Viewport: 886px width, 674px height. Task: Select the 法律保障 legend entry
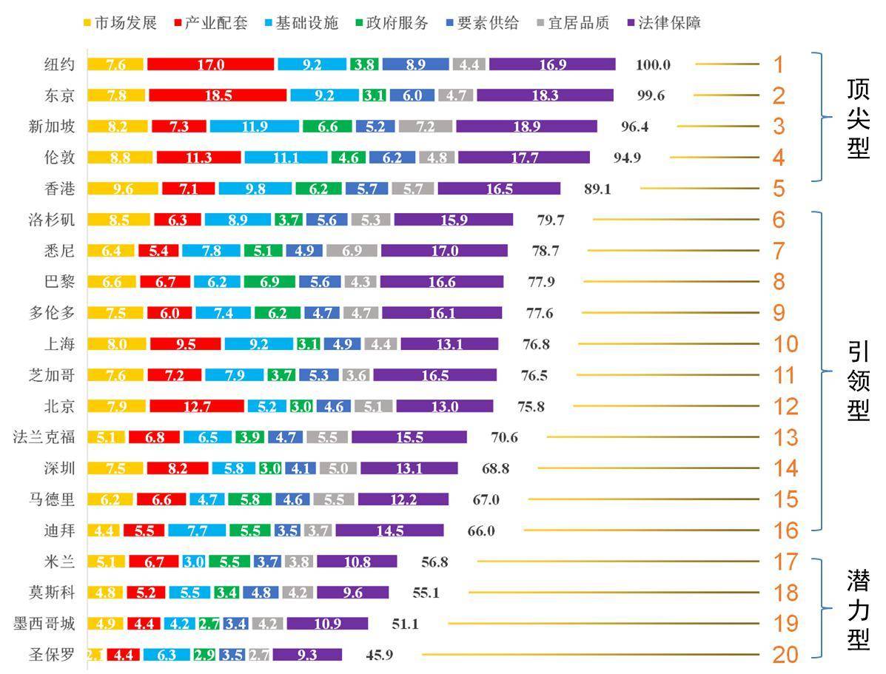[x=664, y=23]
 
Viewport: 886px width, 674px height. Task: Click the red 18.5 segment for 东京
[x=218, y=95]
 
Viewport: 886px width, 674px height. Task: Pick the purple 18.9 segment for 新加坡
[x=526, y=127]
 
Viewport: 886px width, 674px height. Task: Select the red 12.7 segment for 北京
[x=197, y=406]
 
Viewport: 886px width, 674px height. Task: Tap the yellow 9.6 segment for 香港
[x=123, y=189]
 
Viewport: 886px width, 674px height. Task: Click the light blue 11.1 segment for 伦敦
[x=285, y=158]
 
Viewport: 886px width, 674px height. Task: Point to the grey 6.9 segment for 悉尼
[x=352, y=251]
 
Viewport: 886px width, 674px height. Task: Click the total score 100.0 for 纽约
[x=653, y=64]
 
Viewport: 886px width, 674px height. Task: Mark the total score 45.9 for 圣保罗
[x=383, y=655]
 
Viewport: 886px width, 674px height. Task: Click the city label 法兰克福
[x=44, y=437]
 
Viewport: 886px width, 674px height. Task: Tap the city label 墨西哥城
[x=44, y=624]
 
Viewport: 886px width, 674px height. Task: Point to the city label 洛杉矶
[x=50, y=220]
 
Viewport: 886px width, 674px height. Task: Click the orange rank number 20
[x=785, y=655]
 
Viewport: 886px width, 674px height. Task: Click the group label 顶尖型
[x=858, y=118]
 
